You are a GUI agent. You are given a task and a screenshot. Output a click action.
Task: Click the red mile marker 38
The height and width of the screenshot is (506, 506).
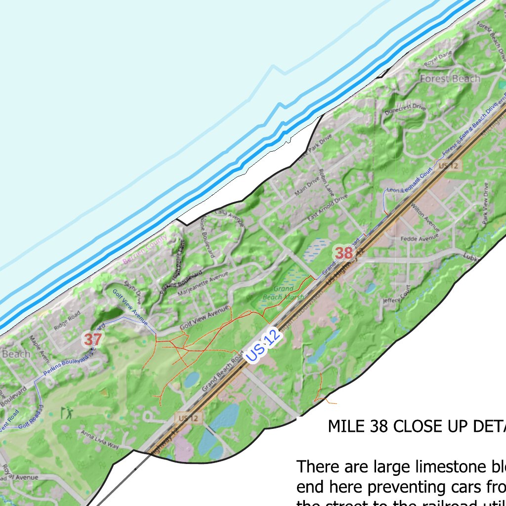click(x=344, y=253)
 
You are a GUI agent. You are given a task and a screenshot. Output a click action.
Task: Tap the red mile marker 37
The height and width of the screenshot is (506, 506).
click(x=92, y=339)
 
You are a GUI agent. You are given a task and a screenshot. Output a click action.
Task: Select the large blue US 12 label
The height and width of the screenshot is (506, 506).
click(x=263, y=345)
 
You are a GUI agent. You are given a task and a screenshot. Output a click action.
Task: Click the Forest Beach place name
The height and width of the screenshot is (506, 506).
click(x=450, y=79)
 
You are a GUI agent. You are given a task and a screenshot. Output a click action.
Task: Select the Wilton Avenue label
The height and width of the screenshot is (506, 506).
click(x=425, y=218)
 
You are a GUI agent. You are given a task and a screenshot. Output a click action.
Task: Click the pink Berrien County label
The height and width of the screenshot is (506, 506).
click(x=145, y=251)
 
